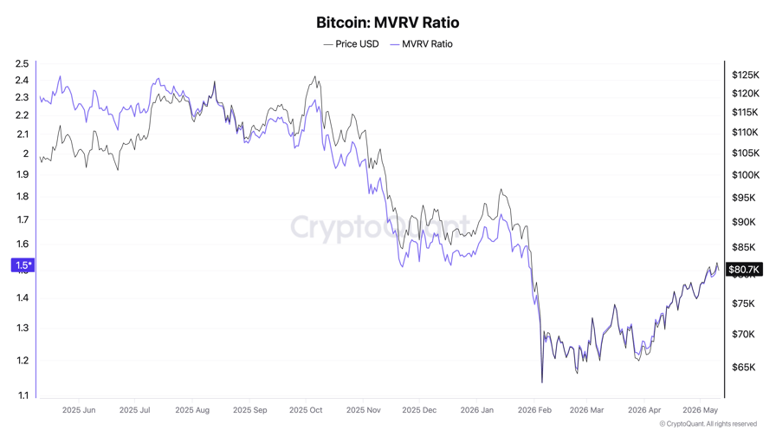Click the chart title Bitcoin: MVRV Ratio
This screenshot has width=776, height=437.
coord(387,23)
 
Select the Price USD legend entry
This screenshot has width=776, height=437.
coord(351,44)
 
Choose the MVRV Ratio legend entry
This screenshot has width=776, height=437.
coord(421,44)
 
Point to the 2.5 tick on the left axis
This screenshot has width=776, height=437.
coord(22,63)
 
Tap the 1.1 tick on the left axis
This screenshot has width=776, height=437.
coord(23,395)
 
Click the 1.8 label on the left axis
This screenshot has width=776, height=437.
coord(23,196)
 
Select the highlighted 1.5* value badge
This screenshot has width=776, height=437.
coord(23,265)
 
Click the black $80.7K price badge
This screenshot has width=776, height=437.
coord(743,269)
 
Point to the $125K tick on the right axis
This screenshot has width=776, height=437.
coord(746,75)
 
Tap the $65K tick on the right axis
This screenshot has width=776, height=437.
coord(743,367)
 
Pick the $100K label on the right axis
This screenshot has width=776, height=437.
coord(746,175)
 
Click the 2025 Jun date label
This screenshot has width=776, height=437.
coord(79,410)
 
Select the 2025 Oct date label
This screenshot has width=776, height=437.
coord(306,410)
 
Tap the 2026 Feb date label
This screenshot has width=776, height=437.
coord(534,410)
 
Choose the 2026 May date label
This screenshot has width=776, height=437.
coord(700,410)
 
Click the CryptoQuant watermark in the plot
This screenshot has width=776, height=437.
coord(380,227)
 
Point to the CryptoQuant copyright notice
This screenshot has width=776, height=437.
coord(708,424)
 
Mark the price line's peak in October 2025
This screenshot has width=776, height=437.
coord(314,77)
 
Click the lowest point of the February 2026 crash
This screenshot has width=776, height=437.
coord(542,382)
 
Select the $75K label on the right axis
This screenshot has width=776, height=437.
coord(743,303)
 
